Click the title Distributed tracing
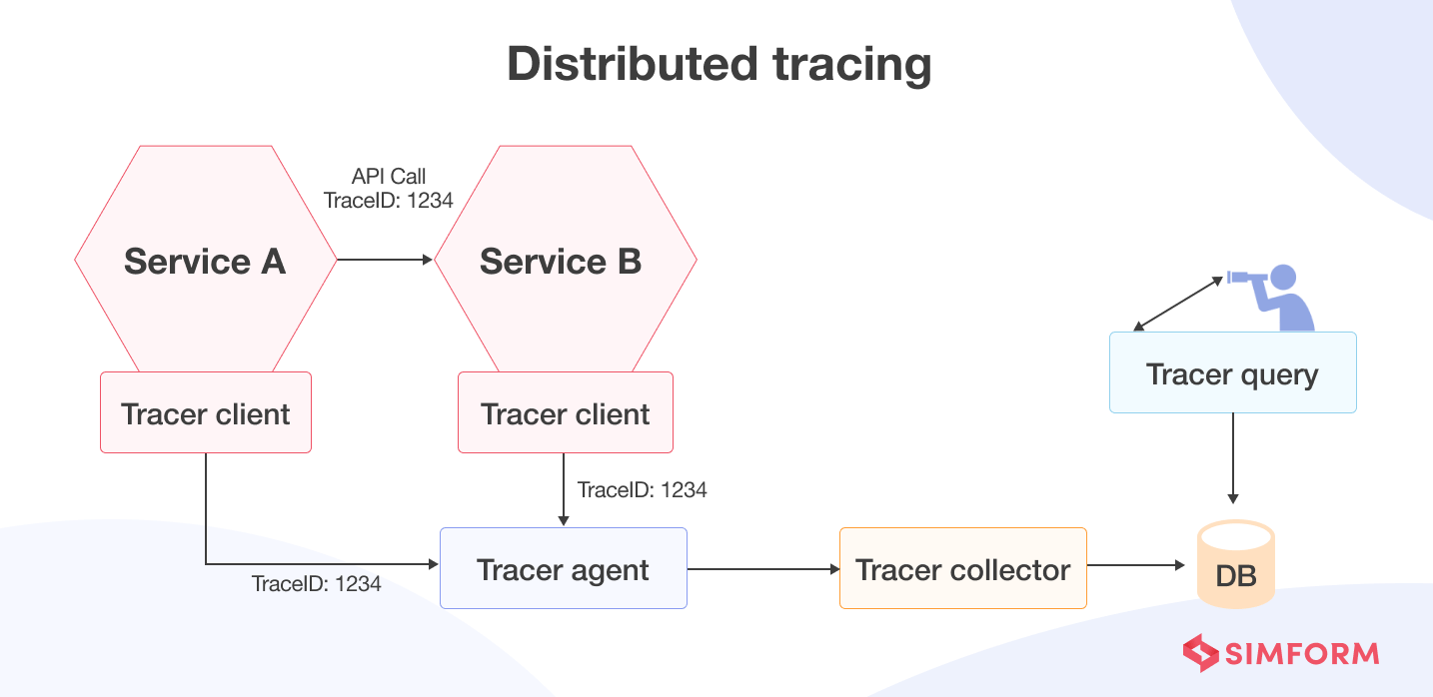[x=718, y=65]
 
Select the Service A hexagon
[x=205, y=261]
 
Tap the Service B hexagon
[x=565, y=261]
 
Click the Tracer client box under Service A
[x=206, y=413]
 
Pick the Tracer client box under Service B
[x=566, y=413]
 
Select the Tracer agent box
[x=564, y=569]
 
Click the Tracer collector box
[x=962, y=569]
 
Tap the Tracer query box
[x=1232, y=373]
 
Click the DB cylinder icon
[x=1236, y=566]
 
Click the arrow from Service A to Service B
[x=385, y=261]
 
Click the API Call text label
[x=389, y=176]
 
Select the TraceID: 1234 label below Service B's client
[x=643, y=490]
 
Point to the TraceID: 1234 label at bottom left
[x=317, y=584]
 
